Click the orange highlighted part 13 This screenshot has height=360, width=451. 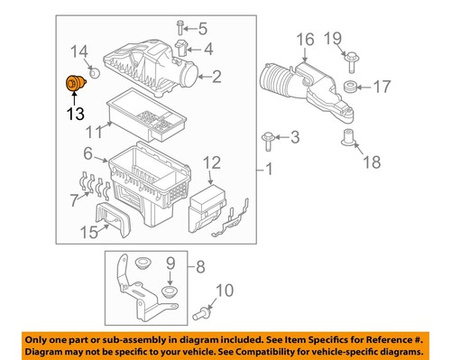[71, 85]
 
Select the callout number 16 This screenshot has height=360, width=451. [304, 39]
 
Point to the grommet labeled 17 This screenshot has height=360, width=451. [345, 88]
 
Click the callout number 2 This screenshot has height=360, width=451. [216, 78]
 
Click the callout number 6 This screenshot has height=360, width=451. [88, 154]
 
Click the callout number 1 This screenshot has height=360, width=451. [267, 169]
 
